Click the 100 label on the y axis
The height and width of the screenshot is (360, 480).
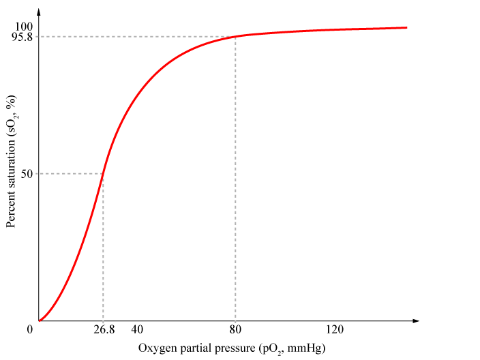coord(25,26)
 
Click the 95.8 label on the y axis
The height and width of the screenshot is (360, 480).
coord(22,37)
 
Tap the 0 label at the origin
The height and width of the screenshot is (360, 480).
coord(31,330)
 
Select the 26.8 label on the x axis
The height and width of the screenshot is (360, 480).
coord(103,330)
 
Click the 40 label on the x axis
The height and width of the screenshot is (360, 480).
coord(136,330)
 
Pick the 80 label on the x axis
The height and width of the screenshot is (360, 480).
coord(235,330)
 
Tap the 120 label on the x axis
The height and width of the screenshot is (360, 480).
coord(334,330)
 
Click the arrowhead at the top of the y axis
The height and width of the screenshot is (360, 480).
coord(39,12)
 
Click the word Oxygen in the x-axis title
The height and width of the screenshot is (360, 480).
coord(157,348)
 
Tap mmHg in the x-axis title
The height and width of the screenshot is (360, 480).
coord(306,348)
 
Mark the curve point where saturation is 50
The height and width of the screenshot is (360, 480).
coord(103,174)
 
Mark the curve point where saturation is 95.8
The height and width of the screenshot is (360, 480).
coord(235,37)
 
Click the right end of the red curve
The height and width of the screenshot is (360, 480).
coord(406,28)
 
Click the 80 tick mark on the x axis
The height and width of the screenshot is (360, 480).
coord(235,320)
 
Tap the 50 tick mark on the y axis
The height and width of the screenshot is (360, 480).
coord(39,174)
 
